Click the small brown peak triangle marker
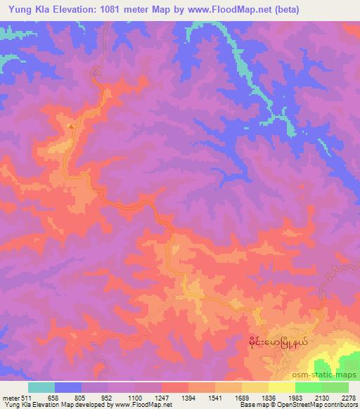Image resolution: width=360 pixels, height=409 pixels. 70,126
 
